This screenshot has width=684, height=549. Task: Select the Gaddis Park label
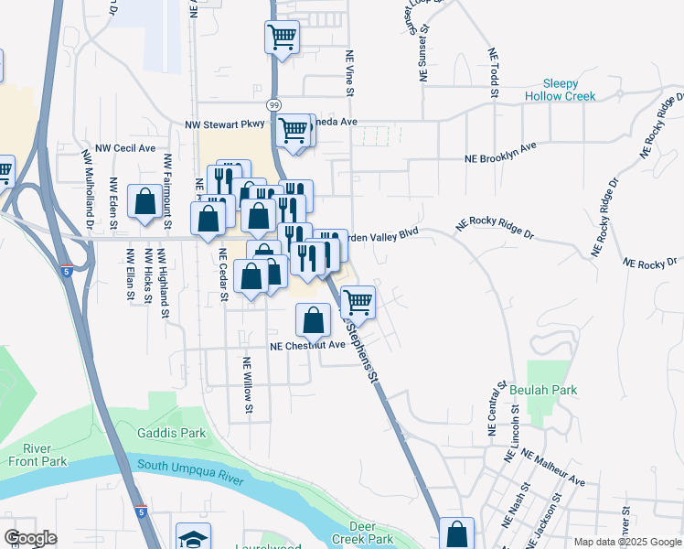[x=171, y=432]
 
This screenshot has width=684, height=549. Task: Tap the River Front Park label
[x=37, y=455]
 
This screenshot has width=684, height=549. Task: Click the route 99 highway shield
[x=273, y=104]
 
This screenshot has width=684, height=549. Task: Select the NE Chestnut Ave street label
[x=307, y=345]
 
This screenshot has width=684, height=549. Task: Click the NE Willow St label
[x=246, y=384]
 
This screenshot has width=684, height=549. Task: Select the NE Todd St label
[x=493, y=72]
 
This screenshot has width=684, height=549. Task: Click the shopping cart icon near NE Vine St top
[x=282, y=38]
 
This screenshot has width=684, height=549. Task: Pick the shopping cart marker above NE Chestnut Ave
[x=358, y=301]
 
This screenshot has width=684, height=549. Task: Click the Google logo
[x=30, y=538]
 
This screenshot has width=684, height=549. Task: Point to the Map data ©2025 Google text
[x=626, y=541]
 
